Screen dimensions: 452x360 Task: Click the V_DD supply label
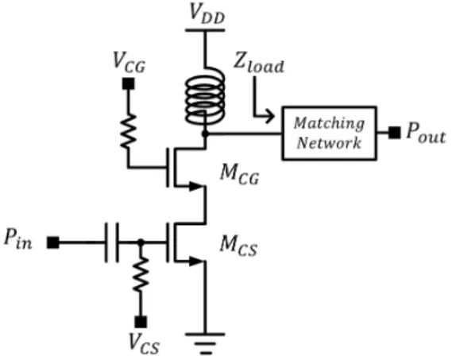[207, 14]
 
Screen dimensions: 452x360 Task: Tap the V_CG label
[129, 63]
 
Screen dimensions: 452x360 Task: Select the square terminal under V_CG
[128, 84]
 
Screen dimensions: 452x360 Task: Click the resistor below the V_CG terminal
[128, 130]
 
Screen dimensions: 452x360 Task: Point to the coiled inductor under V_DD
[205, 97]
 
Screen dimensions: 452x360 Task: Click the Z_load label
[259, 64]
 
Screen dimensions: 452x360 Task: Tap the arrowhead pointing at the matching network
[270, 116]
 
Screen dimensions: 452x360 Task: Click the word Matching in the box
[329, 123]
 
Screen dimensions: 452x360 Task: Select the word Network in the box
[329, 142]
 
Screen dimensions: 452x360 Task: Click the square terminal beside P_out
[394, 133]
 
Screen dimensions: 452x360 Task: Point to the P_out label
[426, 134]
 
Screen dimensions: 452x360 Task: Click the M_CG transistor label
[239, 174]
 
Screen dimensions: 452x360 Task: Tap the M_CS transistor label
[238, 246]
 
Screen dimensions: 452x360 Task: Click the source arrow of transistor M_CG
[195, 186]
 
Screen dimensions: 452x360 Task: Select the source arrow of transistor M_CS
[195, 261]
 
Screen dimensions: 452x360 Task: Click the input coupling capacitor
[111, 242]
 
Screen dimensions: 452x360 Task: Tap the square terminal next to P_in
[53, 242]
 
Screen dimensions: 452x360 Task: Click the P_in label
[17, 239]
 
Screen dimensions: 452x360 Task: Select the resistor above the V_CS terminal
[141, 274]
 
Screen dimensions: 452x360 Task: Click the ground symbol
[205, 343]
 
